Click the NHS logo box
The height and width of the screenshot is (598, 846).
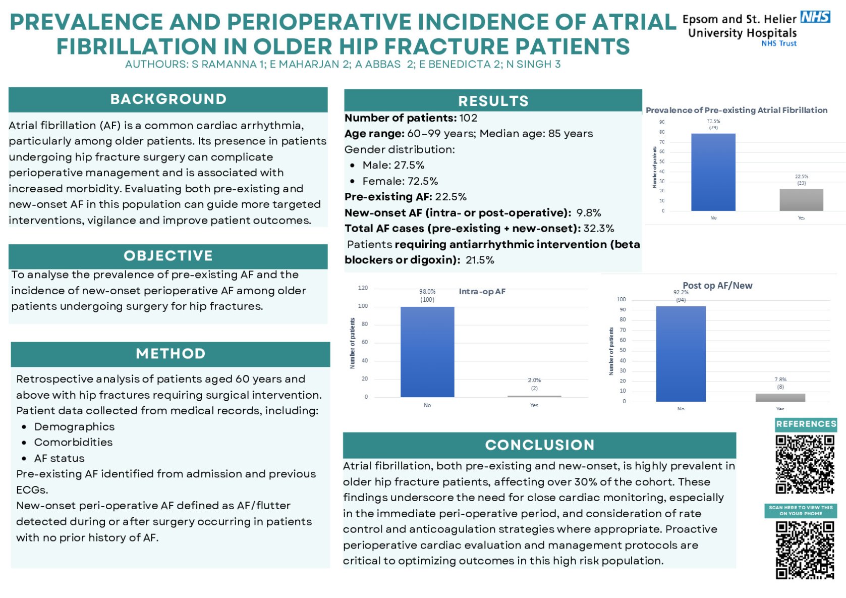tap(815, 17)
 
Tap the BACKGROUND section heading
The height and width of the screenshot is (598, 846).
tap(168, 99)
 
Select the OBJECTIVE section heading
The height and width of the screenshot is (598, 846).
tap(168, 256)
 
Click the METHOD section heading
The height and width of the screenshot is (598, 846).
tap(171, 354)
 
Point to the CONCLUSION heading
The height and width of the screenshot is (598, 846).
tap(539, 445)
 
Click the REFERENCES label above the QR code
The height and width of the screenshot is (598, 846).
tap(806, 424)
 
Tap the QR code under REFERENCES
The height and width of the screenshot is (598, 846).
tap(805, 464)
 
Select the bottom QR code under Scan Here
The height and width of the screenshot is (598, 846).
tap(805, 550)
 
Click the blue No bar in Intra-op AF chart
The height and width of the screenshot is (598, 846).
tap(427, 352)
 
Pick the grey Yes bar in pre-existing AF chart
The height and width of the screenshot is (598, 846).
tap(801, 200)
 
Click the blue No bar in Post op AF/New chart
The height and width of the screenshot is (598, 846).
tap(681, 354)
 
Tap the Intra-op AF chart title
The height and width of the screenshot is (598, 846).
tap(482, 292)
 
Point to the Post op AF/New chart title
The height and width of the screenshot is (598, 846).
tap(717, 286)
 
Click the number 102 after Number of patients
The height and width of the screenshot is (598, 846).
tap(468, 118)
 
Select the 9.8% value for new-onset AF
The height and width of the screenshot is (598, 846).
tap(588, 213)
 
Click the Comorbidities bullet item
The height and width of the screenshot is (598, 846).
tap(73, 443)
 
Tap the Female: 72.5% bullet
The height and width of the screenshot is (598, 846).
tap(400, 181)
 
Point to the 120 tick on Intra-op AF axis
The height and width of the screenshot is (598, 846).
tap(363, 288)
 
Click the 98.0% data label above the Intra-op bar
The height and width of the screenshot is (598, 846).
tap(427, 292)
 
